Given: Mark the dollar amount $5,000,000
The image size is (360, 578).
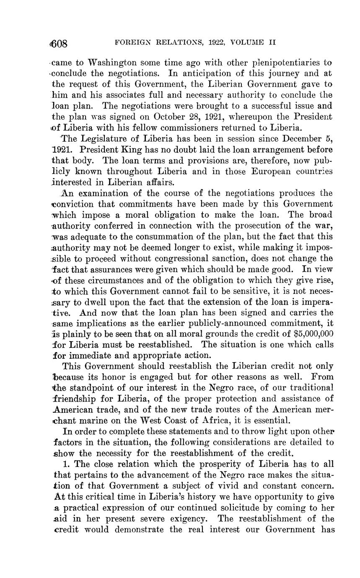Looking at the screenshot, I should click(x=308, y=333).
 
